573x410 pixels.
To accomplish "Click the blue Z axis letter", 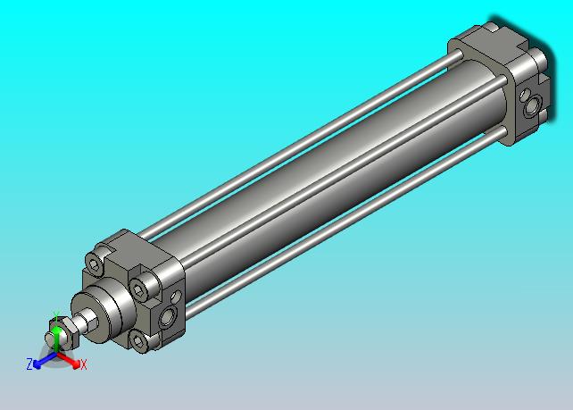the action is coord(29,364).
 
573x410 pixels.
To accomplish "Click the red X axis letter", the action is coord(84,364).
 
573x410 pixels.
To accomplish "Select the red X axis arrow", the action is coord(69,359).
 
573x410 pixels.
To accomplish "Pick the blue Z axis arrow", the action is coord(45,360).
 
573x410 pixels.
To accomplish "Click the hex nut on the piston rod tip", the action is coord(64,332).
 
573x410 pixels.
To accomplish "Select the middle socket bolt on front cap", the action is coord(142,288).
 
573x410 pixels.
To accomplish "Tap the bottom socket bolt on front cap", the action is coord(139,341).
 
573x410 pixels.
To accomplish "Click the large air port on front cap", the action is coord(168,317).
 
